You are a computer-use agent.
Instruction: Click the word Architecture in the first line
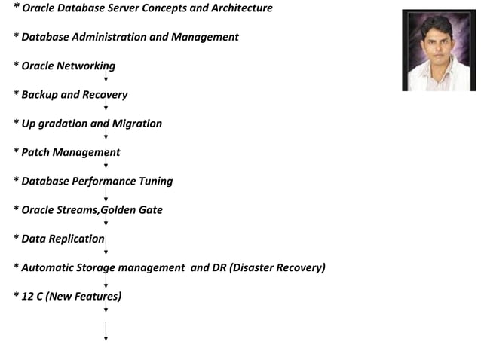242,8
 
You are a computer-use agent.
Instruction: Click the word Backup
40,94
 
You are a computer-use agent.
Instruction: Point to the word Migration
136,123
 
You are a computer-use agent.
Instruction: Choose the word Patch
35,152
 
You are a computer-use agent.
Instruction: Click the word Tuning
155,181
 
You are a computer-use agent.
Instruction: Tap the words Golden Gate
132,209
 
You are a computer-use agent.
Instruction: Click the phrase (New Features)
83,296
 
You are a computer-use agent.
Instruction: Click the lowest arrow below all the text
106,331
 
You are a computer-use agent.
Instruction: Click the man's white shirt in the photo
438,79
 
